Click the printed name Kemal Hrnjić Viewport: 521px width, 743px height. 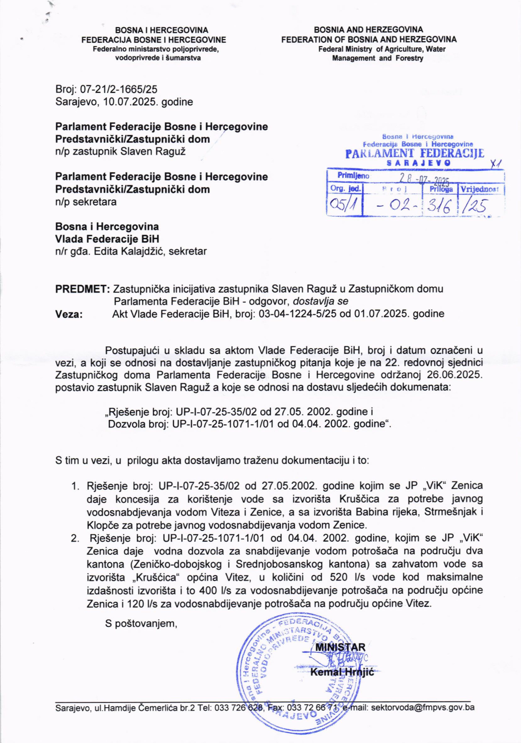tap(342, 673)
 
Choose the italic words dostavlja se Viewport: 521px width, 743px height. tap(321, 301)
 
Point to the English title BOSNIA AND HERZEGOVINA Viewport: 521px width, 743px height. tap(368, 30)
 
